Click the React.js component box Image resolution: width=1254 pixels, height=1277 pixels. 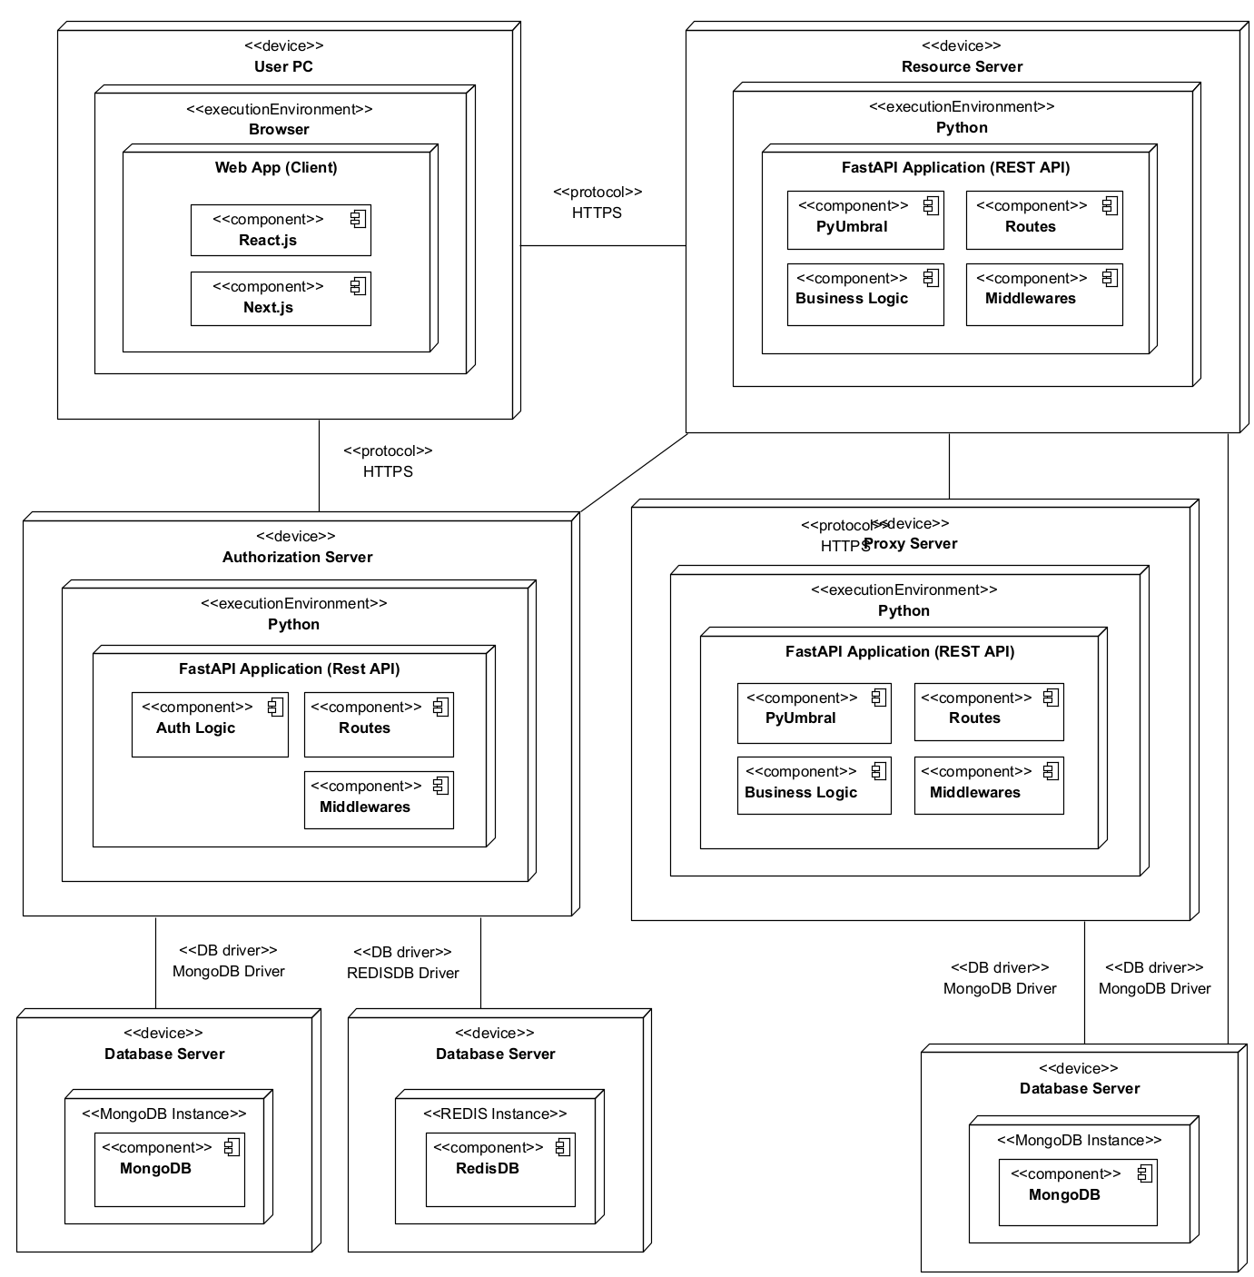tap(280, 231)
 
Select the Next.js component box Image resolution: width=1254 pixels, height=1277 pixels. tap(280, 298)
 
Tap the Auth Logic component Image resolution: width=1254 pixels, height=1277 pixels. tap(209, 725)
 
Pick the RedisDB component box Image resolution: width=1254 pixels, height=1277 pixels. tap(499, 1169)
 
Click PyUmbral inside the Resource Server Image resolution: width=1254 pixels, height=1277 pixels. tap(864, 220)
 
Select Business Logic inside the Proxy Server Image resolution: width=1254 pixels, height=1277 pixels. tap(813, 786)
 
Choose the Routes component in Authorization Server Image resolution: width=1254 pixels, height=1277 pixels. tap(378, 725)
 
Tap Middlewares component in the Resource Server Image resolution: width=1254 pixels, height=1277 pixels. tap(1043, 294)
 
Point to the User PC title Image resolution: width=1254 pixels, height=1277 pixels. tap(283, 66)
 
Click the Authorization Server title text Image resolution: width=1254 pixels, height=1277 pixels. tap(297, 557)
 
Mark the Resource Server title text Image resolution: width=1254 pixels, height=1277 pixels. tap(962, 66)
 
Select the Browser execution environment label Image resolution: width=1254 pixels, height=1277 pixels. tap(279, 129)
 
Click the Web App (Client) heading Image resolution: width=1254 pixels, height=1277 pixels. tap(276, 167)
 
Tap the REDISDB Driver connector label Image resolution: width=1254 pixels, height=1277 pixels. tap(402, 973)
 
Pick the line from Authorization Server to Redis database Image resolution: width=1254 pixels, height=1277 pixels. tap(480, 963)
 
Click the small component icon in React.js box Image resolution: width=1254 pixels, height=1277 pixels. tap(358, 218)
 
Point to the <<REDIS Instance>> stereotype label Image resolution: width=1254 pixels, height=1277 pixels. tap(495, 1114)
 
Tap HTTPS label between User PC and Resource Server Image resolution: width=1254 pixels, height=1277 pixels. tap(597, 213)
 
